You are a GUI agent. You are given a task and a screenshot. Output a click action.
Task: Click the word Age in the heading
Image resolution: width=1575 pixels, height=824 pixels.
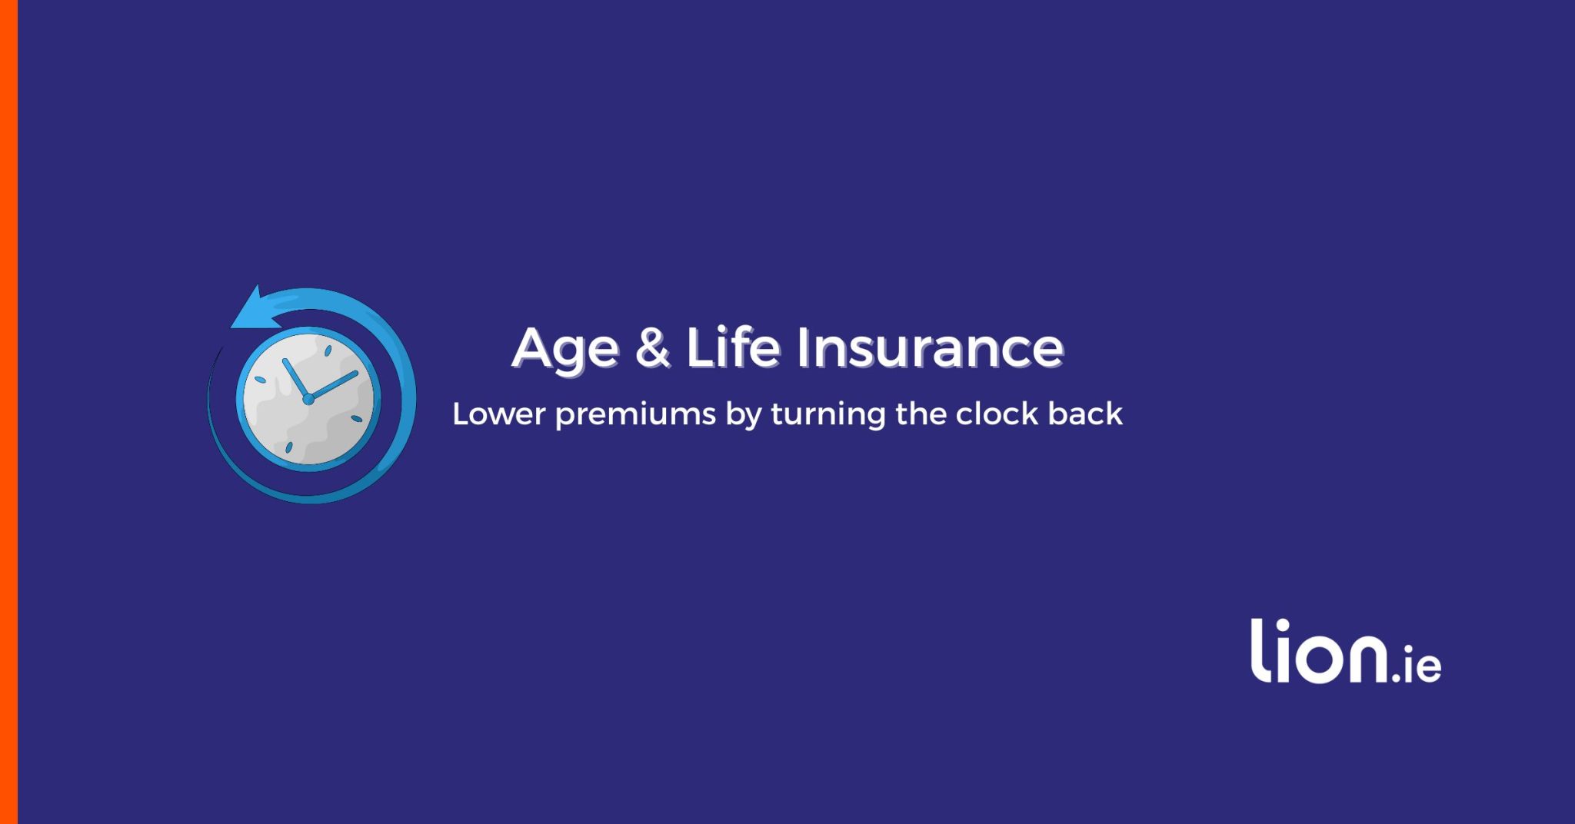(565, 350)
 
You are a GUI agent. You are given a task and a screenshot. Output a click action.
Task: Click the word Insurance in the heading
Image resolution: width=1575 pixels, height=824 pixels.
(930, 347)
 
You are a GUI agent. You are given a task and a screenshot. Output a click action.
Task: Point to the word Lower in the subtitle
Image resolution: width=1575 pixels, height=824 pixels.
(499, 414)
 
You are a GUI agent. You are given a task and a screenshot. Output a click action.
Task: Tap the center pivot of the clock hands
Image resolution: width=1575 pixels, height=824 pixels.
(308, 399)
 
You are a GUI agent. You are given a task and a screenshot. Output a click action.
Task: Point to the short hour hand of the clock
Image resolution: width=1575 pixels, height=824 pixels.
(295, 378)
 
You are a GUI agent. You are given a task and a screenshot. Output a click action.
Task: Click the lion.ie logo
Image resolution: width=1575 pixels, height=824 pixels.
(1346, 651)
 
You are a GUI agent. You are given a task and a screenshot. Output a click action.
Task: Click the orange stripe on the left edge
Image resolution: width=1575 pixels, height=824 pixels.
(8, 412)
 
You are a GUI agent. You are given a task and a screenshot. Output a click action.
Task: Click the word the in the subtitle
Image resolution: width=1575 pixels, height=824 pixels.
(921, 414)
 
